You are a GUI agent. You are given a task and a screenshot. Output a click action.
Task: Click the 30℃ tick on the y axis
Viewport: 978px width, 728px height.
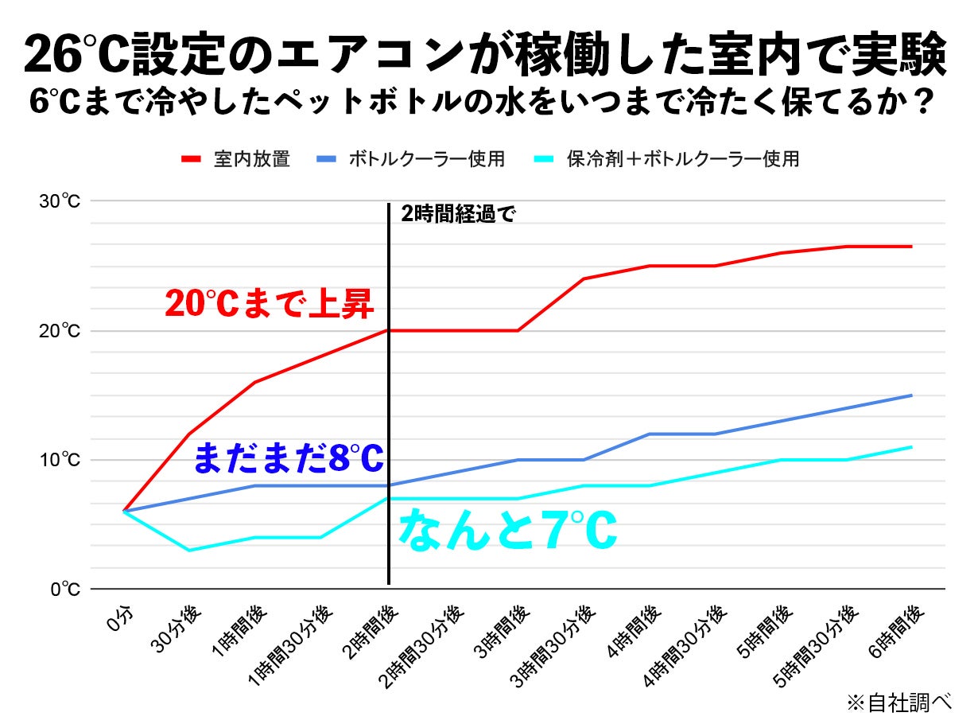[60, 201]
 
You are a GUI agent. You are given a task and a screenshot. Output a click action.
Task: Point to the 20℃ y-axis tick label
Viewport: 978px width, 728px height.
[60, 331]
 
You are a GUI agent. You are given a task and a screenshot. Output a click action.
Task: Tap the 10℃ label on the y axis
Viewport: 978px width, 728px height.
[60, 461]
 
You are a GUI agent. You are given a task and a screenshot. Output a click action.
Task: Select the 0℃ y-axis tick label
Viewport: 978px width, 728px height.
[64, 590]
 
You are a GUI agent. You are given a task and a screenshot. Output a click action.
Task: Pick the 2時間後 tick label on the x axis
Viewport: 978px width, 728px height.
[374, 629]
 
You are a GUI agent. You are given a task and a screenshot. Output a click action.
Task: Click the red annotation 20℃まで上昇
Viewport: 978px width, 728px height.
[269, 303]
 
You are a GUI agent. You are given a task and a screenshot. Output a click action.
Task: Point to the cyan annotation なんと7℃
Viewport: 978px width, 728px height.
[506, 531]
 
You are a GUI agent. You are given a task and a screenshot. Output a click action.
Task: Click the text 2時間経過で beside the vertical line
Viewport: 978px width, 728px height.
[459, 215]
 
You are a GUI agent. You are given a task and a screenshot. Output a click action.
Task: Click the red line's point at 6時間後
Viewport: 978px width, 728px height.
[911, 247]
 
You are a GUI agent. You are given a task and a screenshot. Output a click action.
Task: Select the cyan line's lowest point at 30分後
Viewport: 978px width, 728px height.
[188, 550]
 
